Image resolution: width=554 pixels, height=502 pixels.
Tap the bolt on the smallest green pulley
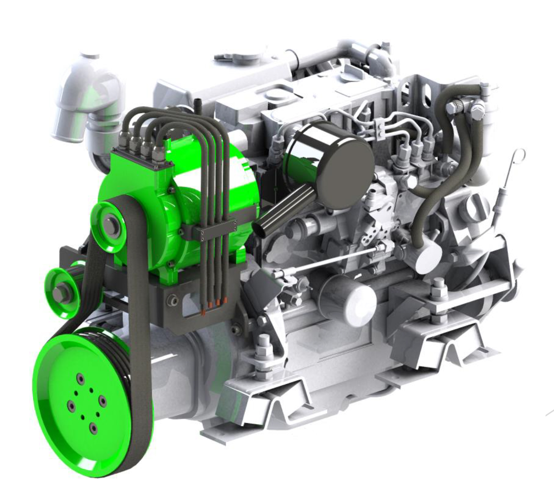[x=59, y=293]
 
